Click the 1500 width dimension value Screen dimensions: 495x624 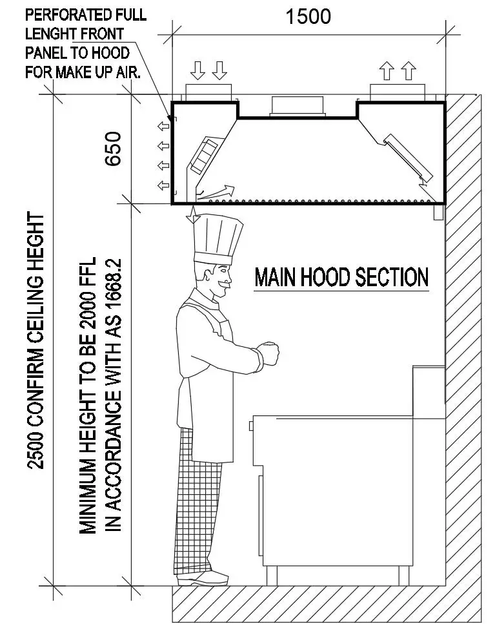[308, 16]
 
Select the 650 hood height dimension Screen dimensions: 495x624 [114, 149]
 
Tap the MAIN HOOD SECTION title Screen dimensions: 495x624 [341, 277]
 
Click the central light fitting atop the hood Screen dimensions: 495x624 [298, 107]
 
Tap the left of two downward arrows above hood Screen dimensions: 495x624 [199, 70]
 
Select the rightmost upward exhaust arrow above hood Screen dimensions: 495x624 [408, 70]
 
